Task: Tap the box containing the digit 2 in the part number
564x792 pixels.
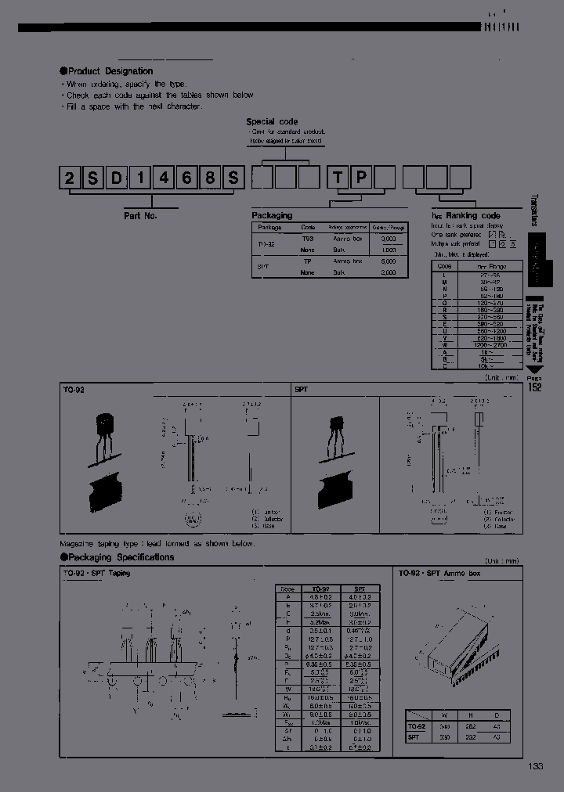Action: point(70,179)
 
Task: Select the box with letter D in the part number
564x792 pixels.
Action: point(116,179)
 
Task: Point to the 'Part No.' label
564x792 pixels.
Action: point(141,214)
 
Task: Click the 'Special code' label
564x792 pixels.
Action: point(271,121)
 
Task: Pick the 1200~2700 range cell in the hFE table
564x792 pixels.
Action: point(491,344)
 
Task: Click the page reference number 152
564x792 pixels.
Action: point(533,387)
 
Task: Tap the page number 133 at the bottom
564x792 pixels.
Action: point(535,766)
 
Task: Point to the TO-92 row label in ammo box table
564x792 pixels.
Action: point(415,725)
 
